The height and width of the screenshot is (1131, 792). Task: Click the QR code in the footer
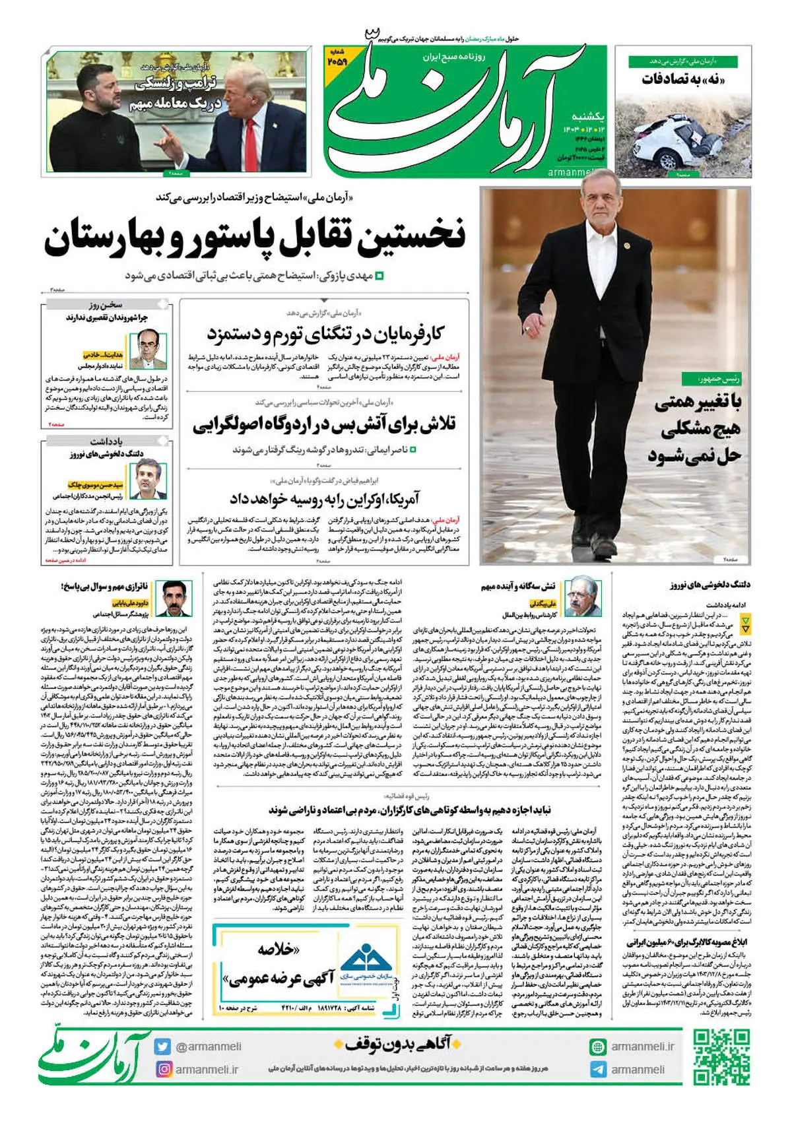tap(721, 1057)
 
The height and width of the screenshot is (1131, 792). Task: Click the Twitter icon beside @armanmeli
tap(163, 1047)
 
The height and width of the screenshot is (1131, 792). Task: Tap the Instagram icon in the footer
tap(163, 1068)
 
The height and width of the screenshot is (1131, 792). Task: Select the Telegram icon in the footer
tap(598, 1070)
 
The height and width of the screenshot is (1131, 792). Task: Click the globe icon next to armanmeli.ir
tap(598, 1047)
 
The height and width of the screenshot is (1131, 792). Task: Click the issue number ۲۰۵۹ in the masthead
tap(337, 61)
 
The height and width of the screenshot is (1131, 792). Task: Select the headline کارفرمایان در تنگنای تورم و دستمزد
tap(325, 334)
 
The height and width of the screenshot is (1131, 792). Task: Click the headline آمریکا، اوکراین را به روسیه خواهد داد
tap(324, 498)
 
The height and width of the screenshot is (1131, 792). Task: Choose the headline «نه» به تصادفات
tap(684, 80)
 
